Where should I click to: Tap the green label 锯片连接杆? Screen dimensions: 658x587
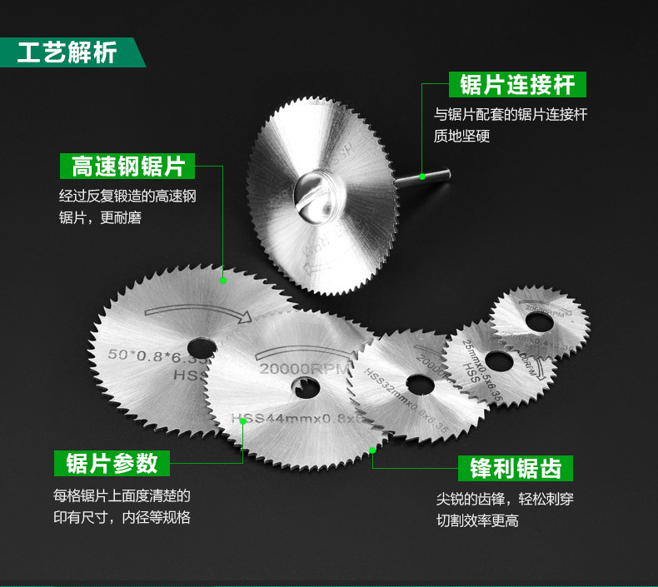pyautogui.click(x=516, y=84)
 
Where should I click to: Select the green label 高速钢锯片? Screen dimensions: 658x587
pyautogui.click(x=127, y=166)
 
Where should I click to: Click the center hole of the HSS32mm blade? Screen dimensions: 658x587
pyautogui.click(x=417, y=385)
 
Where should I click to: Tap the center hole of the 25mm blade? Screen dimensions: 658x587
pyautogui.click(x=498, y=361)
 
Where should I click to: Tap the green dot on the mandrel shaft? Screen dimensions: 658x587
pyautogui.click(x=422, y=176)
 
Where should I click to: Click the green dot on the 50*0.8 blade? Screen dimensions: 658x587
pyautogui.click(x=223, y=281)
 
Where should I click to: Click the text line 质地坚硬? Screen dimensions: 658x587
pyautogui.click(x=461, y=135)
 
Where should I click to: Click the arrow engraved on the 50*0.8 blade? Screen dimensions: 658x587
pyautogui.click(x=200, y=311)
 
